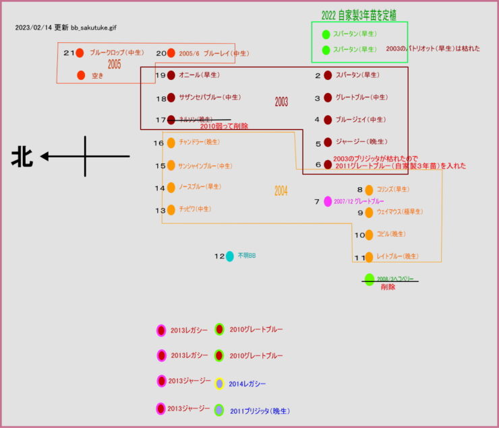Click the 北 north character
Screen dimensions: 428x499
[x=21, y=157]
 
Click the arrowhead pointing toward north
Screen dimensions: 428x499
[x=45, y=157]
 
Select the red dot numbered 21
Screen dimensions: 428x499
[x=80, y=52]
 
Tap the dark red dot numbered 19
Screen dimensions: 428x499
[x=171, y=75]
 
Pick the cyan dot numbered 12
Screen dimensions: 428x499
[x=230, y=256]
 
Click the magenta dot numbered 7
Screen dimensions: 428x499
[x=328, y=201]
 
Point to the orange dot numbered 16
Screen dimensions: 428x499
[x=171, y=143]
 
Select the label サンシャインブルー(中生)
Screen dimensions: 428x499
[x=205, y=166]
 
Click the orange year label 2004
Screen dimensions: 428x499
[x=281, y=191]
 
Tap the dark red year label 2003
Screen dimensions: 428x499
[x=281, y=102]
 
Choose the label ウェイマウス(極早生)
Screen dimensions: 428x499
[x=399, y=212]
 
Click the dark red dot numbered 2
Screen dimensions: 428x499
[x=328, y=75]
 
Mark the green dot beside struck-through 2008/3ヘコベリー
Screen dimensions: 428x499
[x=369, y=279]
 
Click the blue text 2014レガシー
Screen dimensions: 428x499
[x=247, y=384]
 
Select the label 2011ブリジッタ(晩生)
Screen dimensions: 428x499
[x=260, y=411]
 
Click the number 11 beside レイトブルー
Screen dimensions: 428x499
[x=359, y=257]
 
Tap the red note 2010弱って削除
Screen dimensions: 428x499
[x=224, y=127]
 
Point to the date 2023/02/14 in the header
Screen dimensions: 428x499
[x=32, y=28]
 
